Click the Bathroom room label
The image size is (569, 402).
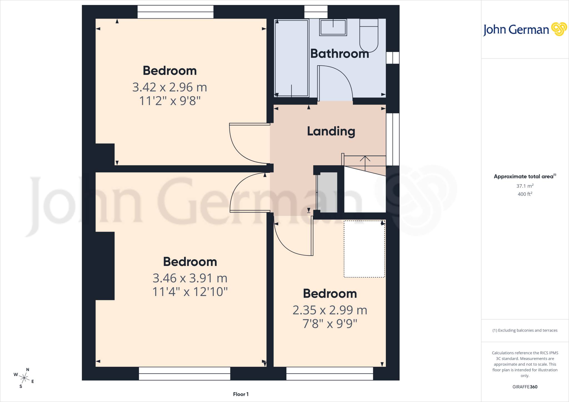pos(340,54)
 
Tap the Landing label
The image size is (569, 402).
pos(331,131)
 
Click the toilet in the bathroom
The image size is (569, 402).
pos(369,36)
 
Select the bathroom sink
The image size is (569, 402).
pos(333,27)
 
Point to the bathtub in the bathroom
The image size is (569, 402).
pos(291,58)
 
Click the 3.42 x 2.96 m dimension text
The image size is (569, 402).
pos(170,87)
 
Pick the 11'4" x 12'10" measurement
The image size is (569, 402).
pos(190,292)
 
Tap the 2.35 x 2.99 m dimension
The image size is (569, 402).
pos(330,310)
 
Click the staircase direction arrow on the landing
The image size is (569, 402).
pos(365,163)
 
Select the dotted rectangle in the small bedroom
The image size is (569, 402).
pos(364,249)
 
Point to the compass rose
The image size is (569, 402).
pos(24,378)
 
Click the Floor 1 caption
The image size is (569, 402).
pos(241,394)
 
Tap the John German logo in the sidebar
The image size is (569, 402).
pos(525,29)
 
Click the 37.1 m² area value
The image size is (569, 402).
pos(525,186)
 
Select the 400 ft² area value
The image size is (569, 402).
pos(525,194)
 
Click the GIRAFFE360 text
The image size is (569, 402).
pos(525,387)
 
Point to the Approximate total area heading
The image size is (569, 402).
pos(525,176)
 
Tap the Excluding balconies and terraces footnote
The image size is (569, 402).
pos(525,330)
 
